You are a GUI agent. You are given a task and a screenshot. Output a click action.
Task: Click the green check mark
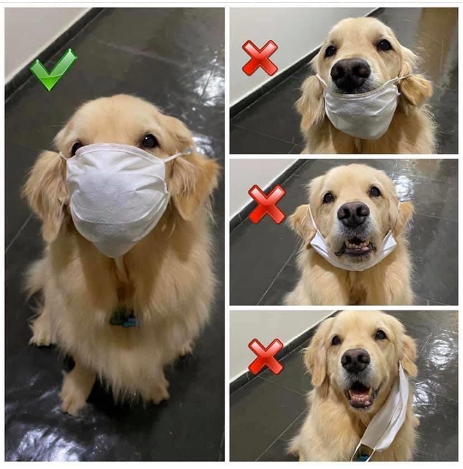(x=53, y=69)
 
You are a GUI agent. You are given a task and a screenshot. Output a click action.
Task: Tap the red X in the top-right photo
(x=259, y=58)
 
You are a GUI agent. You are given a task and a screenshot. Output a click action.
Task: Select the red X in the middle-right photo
(x=266, y=204)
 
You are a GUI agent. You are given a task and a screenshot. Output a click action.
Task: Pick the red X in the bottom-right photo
(x=266, y=356)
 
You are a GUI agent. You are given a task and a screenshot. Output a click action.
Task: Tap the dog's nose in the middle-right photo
(x=353, y=214)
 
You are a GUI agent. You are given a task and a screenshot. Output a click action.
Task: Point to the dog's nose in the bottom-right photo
(x=356, y=360)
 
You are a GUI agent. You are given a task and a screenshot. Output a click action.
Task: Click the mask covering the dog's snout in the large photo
(x=117, y=196)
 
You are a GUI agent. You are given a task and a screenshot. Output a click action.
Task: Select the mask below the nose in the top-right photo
(x=362, y=112)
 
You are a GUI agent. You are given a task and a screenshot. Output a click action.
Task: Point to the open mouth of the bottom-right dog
(x=360, y=395)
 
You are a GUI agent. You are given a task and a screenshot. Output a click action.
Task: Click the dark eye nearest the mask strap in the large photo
(x=149, y=141)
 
